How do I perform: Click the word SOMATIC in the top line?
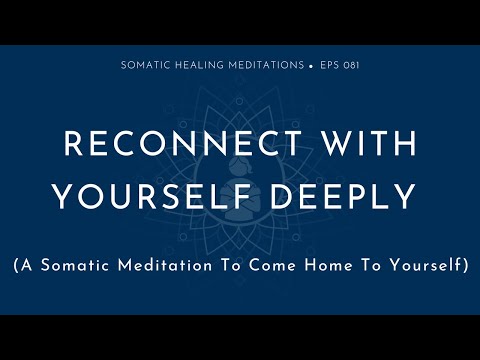click(x=145, y=65)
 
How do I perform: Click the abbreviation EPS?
click(x=329, y=65)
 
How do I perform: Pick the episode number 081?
click(x=350, y=65)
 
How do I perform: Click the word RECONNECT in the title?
click(x=171, y=145)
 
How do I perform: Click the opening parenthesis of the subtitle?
click(x=17, y=266)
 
